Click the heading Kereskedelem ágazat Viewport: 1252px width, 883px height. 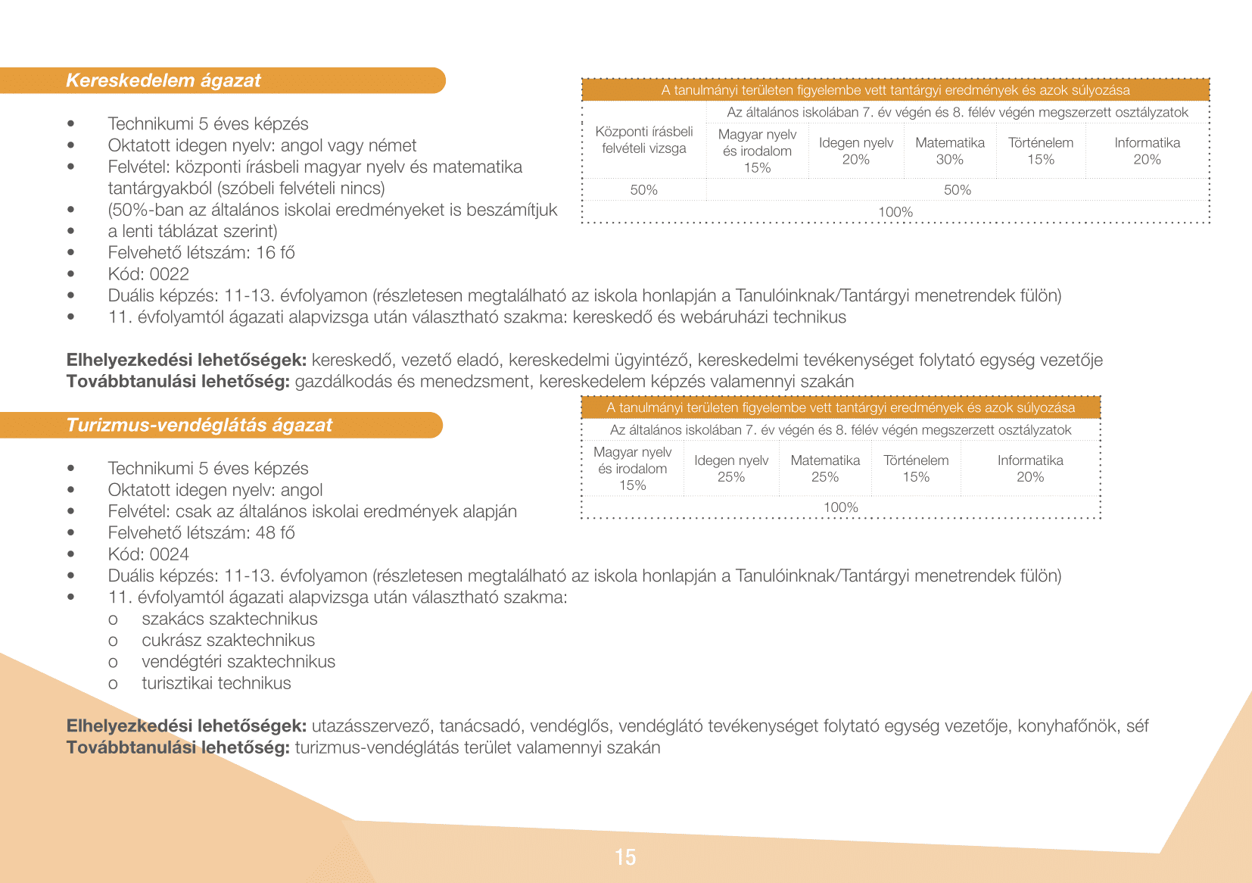[163, 80]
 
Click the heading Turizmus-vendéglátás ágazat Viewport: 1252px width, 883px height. [199, 425]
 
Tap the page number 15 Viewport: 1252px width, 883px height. [625, 857]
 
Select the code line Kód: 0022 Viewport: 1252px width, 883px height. [148, 274]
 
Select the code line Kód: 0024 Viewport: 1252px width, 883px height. [148, 554]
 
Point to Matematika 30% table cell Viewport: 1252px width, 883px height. [949, 151]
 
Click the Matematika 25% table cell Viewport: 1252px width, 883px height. [825, 469]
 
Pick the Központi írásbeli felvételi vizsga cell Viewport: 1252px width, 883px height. [644, 140]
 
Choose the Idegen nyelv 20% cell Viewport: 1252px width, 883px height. [856, 151]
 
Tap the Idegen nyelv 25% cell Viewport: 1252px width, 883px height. [731, 469]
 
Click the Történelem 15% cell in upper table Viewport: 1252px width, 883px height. [1041, 151]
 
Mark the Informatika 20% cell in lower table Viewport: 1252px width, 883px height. [1030, 469]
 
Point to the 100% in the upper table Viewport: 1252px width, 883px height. [895, 212]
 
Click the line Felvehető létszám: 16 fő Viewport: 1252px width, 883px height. [201, 253]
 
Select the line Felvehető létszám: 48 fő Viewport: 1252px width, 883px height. [201, 533]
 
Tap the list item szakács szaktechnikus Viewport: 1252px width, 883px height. [229, 619]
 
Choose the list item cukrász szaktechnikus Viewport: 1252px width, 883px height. [228, 640]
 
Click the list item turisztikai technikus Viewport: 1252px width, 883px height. [216, 683]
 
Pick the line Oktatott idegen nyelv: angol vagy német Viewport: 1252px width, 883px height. [262, 145]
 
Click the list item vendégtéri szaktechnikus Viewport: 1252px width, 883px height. [238, 662]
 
